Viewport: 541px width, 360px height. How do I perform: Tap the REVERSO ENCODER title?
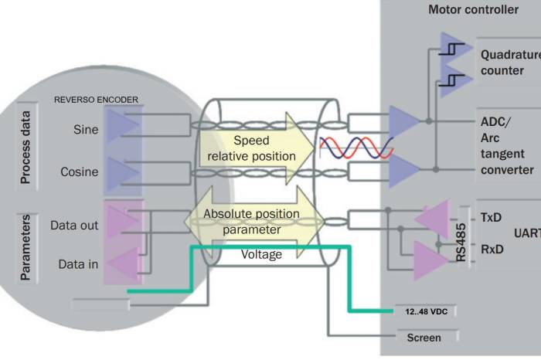point(96,100)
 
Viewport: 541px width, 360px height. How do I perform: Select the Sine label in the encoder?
point(85,130)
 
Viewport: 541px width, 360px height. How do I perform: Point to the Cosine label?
point(80,172)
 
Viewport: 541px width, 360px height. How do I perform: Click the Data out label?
point(74,226)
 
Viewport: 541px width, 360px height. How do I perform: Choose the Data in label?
point(78,264)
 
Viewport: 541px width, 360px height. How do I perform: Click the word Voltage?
point(261,254)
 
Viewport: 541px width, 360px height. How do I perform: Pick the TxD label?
point(492,218)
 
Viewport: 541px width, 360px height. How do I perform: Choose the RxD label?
point(492,250)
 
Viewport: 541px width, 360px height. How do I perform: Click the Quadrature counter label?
point(510,63)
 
